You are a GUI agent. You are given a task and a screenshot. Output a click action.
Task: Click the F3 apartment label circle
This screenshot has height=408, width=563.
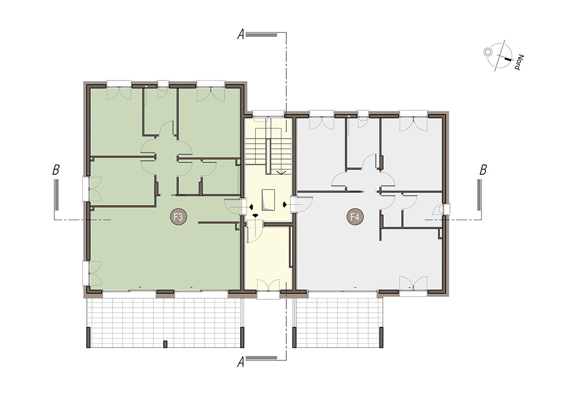click(x=178, y=217)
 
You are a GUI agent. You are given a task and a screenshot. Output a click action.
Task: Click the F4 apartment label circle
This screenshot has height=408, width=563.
click(x=355, y=217)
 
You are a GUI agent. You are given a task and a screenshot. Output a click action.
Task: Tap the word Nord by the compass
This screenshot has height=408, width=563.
click(x=519, y=62)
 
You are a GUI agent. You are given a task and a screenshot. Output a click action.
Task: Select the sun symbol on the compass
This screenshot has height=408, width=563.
click(x=488, y=52)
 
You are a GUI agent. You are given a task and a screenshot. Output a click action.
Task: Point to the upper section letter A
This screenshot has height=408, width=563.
click(x=241, y=35)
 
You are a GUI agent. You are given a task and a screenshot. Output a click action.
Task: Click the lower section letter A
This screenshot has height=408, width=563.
click(x=241, y=362)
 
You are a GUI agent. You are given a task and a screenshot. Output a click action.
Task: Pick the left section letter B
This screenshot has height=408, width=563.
click(x=55, y=169)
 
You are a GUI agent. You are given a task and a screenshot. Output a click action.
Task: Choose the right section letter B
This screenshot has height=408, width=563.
click(x=483, y=169)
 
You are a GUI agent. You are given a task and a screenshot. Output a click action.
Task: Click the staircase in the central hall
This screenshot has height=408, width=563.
click(x=268, y=151)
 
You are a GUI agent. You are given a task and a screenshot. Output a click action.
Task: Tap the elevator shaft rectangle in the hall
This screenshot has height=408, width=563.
click(x=268, y=200)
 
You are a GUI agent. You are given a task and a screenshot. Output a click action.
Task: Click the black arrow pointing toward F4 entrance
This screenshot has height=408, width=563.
click(x=285, y=205)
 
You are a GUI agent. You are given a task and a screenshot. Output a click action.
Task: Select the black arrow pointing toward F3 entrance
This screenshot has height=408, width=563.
click(x=252, y=207)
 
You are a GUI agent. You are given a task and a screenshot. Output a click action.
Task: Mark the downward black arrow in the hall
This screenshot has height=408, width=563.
click(x=256, y=216)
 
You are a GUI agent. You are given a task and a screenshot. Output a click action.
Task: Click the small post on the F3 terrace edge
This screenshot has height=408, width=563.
click(x=165, y=344)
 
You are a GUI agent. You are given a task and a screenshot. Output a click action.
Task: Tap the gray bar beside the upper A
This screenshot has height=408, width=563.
click(x=262, y=35)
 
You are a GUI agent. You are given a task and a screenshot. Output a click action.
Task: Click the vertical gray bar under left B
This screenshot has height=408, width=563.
click(x=57, y=195)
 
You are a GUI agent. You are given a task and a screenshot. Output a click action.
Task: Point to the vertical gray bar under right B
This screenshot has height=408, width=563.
click(x=479, y=195)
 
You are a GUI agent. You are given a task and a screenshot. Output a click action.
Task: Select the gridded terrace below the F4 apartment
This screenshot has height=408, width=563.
click(x=338, y=323)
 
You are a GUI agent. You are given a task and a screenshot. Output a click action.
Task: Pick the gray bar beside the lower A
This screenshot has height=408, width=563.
click(x=262, y=358)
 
